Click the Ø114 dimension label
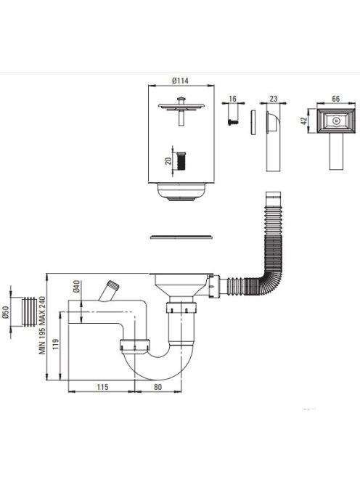(181, 81)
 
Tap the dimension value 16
(233, 99)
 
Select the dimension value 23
(274, 99)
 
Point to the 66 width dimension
(336, 99)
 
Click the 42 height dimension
(304, 120)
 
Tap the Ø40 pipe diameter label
(76, 286)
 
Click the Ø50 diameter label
(6, 313)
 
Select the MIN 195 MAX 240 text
(42, 325)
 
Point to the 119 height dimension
(56, 345)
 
